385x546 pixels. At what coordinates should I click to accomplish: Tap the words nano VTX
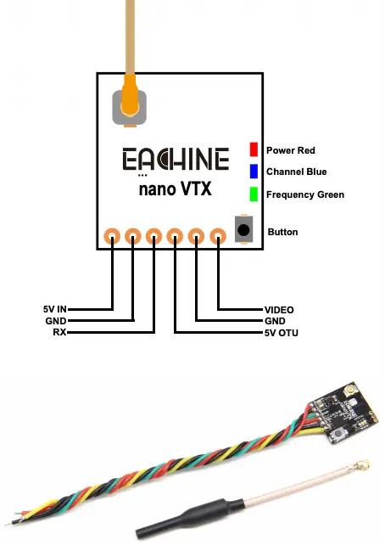pos(176,189)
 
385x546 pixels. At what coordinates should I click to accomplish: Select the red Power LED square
pos(253,149)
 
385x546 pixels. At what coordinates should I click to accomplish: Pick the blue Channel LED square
pos(253,172)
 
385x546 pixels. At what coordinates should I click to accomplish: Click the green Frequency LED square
pos(253,194)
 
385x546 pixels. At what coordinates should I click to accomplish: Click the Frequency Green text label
pos(305,194)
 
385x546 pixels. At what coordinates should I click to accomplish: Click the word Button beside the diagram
pos(283,231)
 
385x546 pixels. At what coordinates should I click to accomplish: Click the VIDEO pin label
pos(280,309)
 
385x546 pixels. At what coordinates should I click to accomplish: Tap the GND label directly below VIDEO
pos(277,321)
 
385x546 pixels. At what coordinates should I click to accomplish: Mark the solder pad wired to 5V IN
pos(112,236)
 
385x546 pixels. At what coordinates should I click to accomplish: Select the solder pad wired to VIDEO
pos(218,236)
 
